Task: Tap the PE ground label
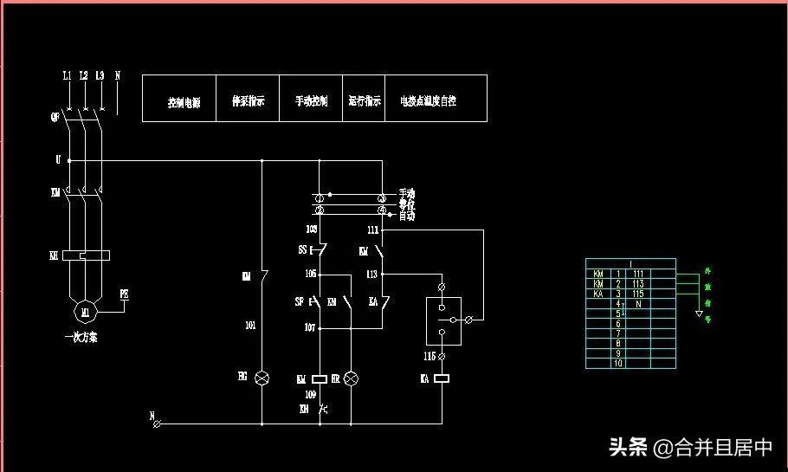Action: pyautogui.click(x=124, y=294)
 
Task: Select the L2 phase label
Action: pyautogui.click(x=83, y=76)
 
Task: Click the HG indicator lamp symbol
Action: pyautogui.click(x=262, y=378)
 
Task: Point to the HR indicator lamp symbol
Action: pyautogui.click(x=351, y=378)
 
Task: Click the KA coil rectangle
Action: pyautogui.click(x=442, y=378)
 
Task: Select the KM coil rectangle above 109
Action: pyautogui.click(x=319, y=378)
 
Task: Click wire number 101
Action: pyautogui.click(x=250, y=327)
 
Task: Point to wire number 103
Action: pyautogui.click(x=312, y=230)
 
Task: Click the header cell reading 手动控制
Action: pyautogui.click(x=312, y=101)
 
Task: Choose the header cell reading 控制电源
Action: pyautogui.click(x=184, y=101)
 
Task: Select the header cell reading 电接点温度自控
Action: pyautogui.click(x=428, y=101)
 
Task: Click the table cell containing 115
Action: pyautogui.click(x=638, y=294)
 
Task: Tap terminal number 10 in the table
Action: pyautogui.click(x=618, y=363)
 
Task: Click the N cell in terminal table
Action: pyautogui.click(x=638, y=304)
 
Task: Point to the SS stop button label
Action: pyautogui.click(x=302, y=249)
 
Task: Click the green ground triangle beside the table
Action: pyautogui.click(x=699, y=313)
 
